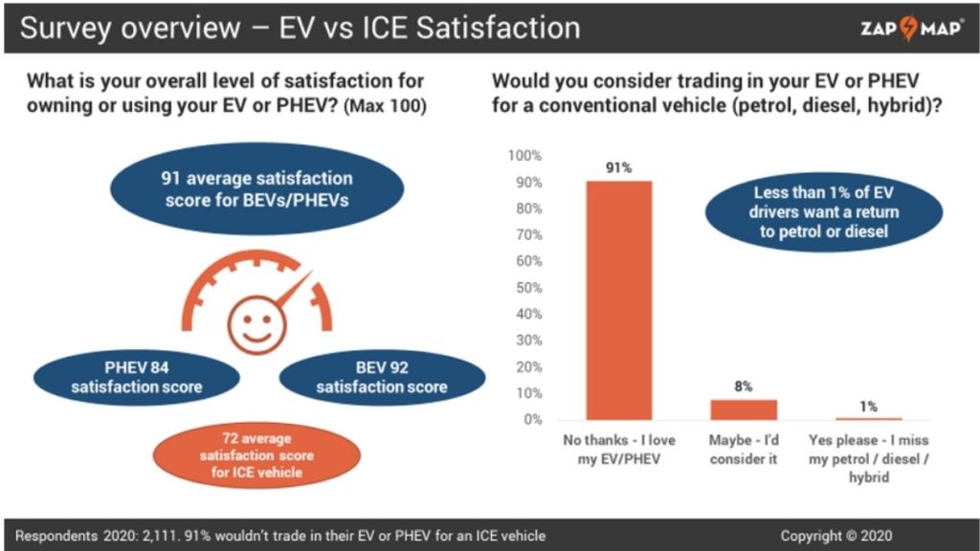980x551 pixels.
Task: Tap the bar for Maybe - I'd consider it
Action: point(744,409)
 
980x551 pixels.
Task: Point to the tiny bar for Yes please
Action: point(868,418)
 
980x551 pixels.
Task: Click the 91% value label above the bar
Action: point(619,167)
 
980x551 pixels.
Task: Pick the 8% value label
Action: point(744,386)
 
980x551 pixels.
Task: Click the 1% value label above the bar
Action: point(868,406)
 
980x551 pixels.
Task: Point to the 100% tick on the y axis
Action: point(524,156)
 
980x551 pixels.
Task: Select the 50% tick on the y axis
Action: point(527,288)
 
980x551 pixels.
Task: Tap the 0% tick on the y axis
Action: point(531,420)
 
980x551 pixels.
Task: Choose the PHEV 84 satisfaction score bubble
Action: point(136,377)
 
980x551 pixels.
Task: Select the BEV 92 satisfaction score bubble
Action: point(381,377)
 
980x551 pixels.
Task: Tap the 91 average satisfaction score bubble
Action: point(256,189)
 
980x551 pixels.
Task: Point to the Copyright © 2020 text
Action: point(835,536)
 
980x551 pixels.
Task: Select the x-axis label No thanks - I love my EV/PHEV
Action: point(619,450)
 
